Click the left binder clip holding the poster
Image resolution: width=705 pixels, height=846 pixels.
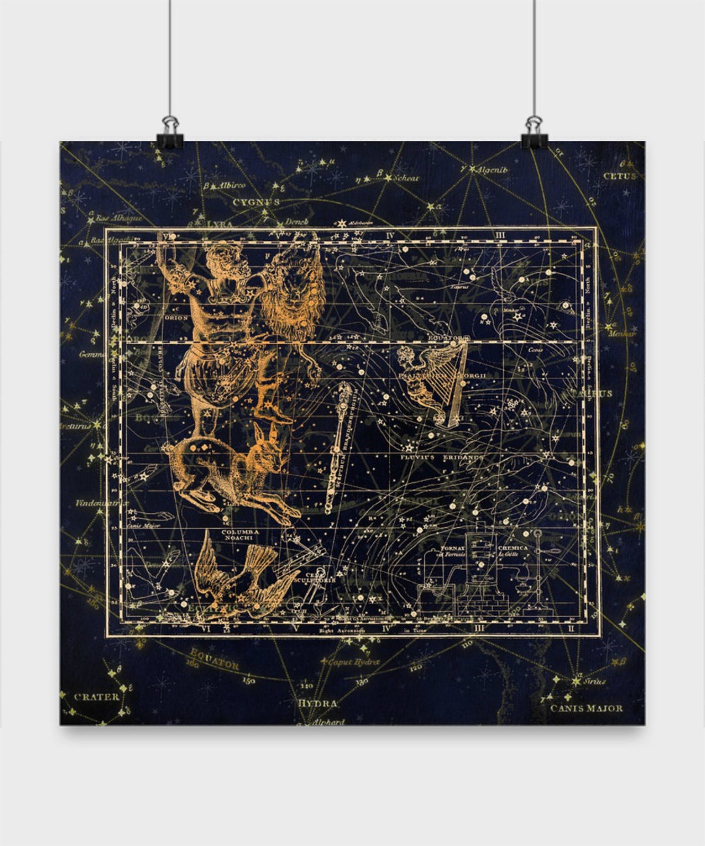tap(170, 133)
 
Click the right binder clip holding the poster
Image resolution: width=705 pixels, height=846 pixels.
tap(535, 133)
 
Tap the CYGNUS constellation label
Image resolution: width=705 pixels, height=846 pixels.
tap(256, 202)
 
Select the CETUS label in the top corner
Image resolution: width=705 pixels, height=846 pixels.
tap(619, 176)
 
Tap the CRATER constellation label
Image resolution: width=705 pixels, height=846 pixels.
tap(97, 697)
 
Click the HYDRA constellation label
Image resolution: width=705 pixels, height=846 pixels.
tap(317, 704)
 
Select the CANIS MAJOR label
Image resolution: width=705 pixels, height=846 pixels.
tap(586, 708)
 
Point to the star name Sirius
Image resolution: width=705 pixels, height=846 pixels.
tap(595, 681)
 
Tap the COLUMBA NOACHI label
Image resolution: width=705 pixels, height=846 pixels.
tap(240, 535)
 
